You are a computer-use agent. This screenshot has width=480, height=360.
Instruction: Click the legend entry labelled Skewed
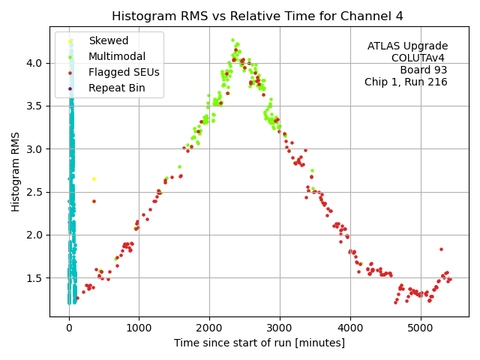[x=108, y=41]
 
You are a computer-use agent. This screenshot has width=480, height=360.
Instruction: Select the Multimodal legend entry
[x=116, y=56]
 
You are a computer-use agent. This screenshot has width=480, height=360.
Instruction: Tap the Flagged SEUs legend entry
[x=123, y=73]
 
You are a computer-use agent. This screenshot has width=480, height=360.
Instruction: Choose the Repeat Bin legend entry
[x=115, y=88]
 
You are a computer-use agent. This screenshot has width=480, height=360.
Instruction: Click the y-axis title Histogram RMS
[x=16, y=171]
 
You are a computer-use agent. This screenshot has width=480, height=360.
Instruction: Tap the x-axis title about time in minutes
[x=259, y=343]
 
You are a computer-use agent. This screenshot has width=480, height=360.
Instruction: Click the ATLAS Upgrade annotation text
[x=407, y=46]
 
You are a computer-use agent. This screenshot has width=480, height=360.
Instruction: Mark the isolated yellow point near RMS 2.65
[x=94, y=178]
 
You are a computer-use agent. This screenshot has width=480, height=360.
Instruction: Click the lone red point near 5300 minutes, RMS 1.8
[x=441, y=249]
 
